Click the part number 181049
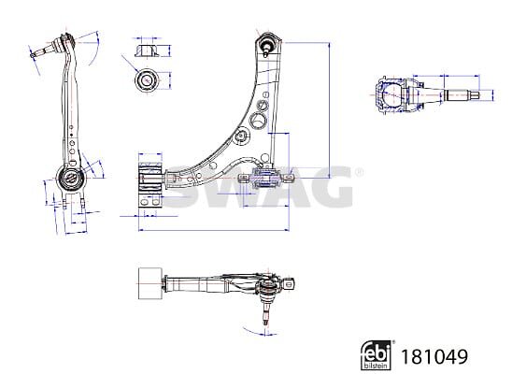434,356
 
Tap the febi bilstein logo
377,355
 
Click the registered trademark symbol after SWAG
359,173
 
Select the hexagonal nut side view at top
147,50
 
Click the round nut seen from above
147,79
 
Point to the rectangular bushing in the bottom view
149,283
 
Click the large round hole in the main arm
258,120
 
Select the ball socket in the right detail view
391,95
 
